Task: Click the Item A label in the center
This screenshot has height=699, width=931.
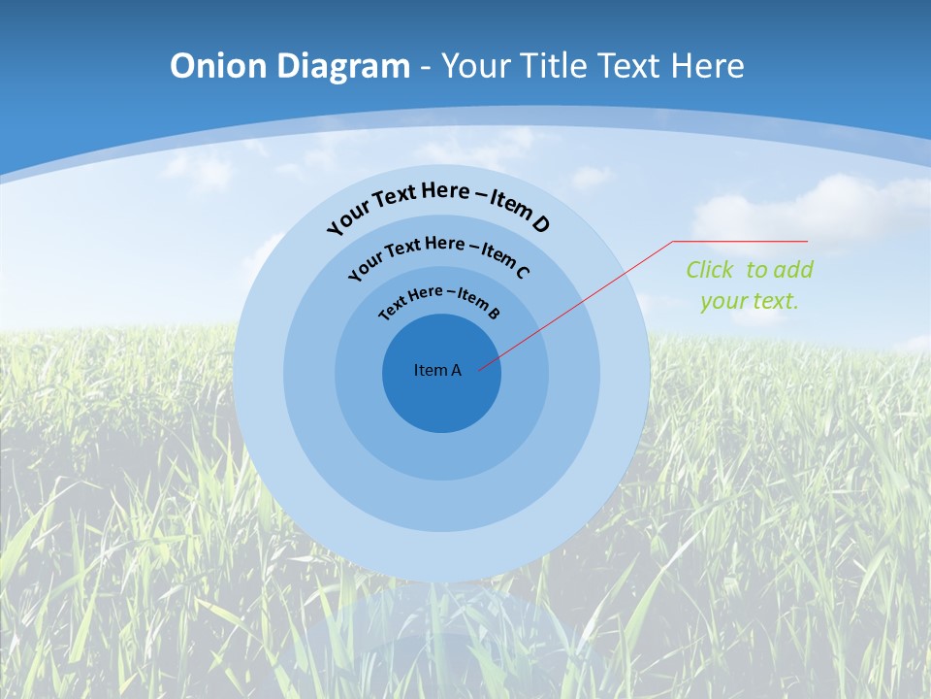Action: coord(437,370)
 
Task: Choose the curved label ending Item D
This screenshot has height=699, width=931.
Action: coord(438,204)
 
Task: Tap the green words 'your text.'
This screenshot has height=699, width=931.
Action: coord(749,301)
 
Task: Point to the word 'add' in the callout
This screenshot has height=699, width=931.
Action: coord(793,270)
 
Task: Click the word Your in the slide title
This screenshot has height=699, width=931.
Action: coord(476,66)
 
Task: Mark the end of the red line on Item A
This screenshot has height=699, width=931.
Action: coord(479,369)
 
